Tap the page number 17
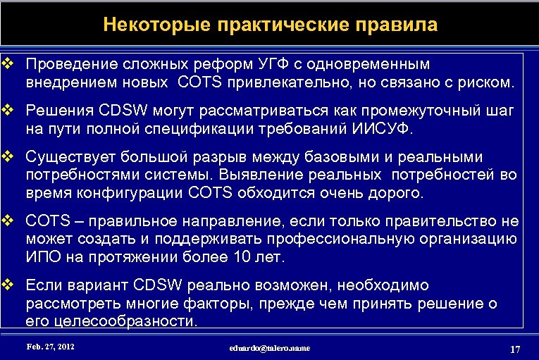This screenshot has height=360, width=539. (x=514, y=350)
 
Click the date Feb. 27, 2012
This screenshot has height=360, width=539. (x=50, y=347)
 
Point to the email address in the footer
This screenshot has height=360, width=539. (x=269, y=348)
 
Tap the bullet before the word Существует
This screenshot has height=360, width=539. (x=8, y=155)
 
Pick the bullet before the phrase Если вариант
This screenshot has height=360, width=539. (x=8, y=285)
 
